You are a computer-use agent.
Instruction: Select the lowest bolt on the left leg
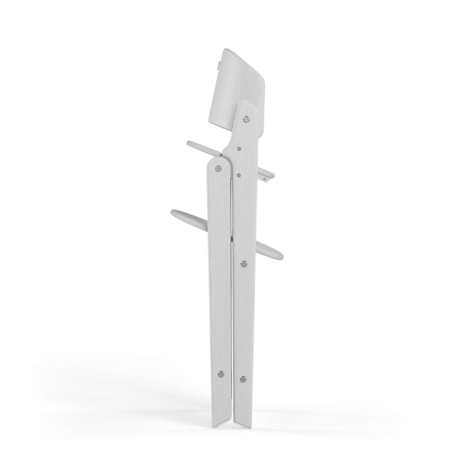coord(221,374)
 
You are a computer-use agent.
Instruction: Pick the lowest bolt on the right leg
coord(243,378)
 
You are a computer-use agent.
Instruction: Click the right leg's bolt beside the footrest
coord(243,263)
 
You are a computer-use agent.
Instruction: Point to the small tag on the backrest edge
coord(219,60)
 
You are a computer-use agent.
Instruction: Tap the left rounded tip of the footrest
coord(174,212)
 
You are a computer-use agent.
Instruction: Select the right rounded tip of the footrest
coord(279,256)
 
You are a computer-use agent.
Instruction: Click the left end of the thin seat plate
coord(189,143)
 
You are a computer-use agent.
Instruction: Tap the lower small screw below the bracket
coord(239,176)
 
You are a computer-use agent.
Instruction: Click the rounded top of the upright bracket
coord(247,104)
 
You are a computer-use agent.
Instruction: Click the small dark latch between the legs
coord(231,239)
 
